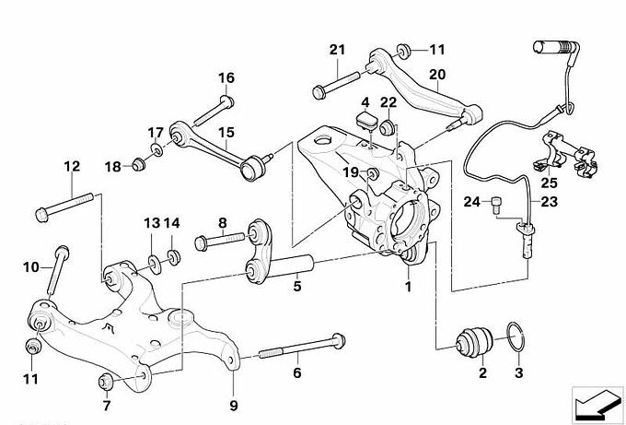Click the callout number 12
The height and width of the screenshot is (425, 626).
coord(71,167)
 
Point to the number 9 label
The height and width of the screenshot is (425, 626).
coord(232,403)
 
